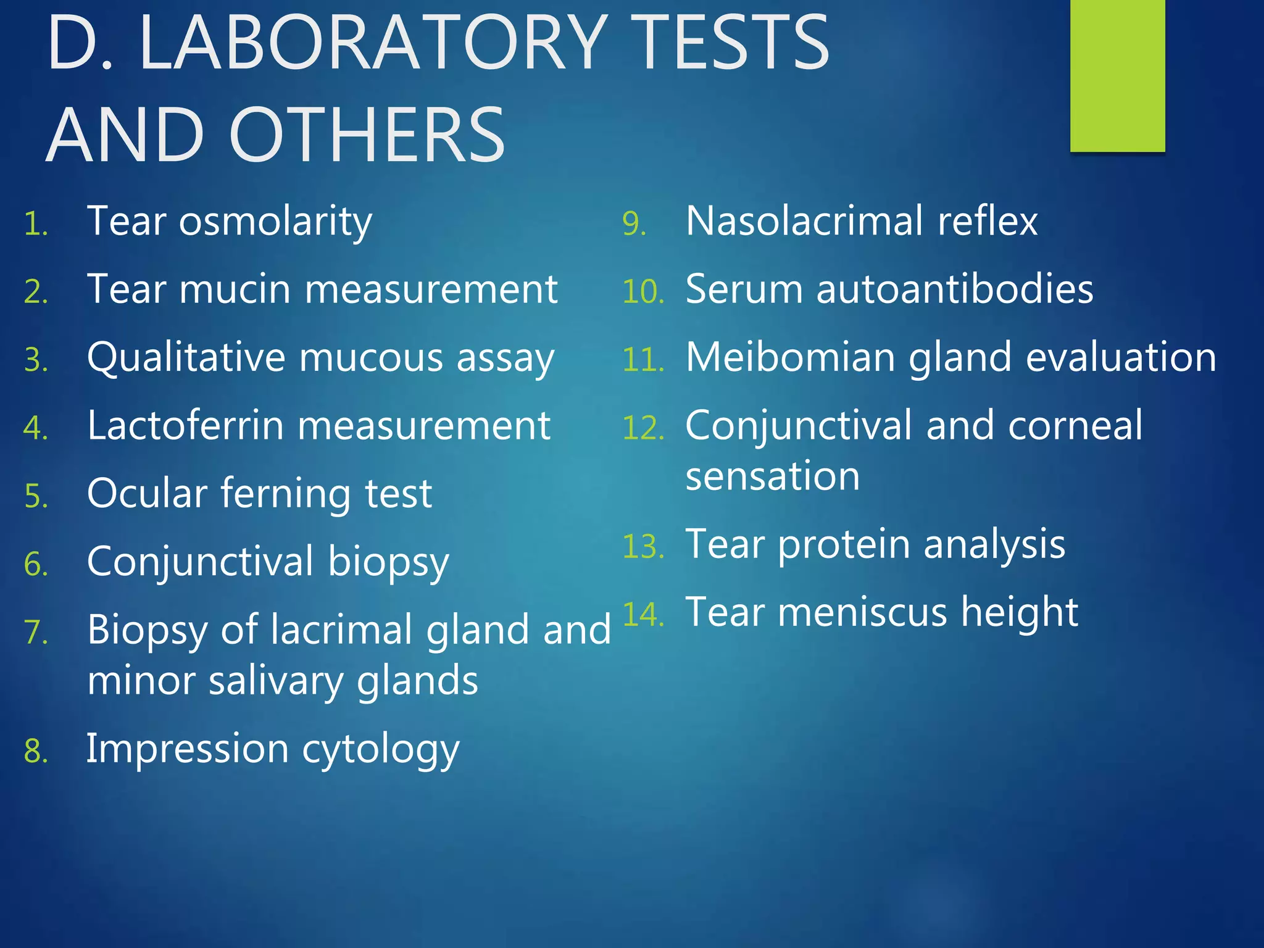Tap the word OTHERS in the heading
click(x=368, y=136)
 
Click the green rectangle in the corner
click(x=1117, y=75)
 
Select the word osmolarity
click(x=275, y=222)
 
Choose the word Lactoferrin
click(x=186, y=425)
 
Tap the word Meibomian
click(x=791, y=357)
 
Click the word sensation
click(x=773, y=476)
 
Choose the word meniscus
click(x=862, y=613)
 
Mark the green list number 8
click(x=36, y=752)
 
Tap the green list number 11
click(x=642, y=360)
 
